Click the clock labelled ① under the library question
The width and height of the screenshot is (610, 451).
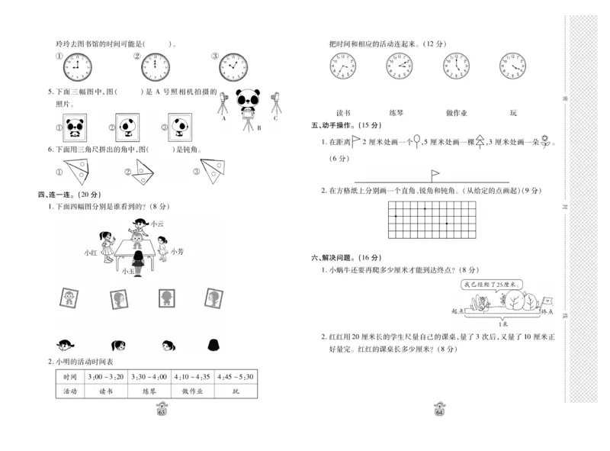(77, 67)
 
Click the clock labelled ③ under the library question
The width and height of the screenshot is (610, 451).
(234, 67)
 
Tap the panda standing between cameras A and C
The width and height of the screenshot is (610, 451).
(249, 103)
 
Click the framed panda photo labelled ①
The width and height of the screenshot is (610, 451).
(75, 127)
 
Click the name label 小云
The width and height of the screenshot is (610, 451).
(157, 224)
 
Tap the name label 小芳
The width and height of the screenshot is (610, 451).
(177, 251)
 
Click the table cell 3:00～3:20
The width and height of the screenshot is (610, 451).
(106, 377)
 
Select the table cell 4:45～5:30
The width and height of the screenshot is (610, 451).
(236, 377)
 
